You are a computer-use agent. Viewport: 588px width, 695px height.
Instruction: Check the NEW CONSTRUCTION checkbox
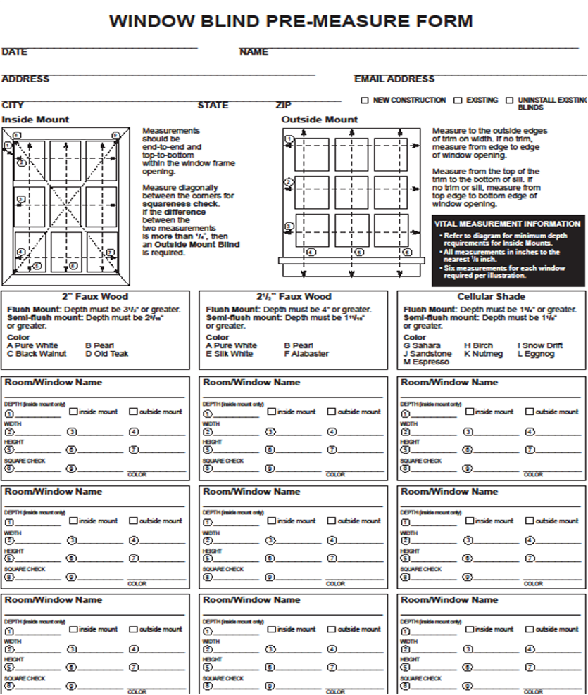(x=365, y=101)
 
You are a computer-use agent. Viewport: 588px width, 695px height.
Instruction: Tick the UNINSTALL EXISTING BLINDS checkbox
(x=509, y=101)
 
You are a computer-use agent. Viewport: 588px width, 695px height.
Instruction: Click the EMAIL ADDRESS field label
(x=394, y=79)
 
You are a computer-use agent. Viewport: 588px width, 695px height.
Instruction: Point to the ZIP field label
(x=283, y=106)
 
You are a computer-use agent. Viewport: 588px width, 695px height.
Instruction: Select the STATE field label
(x=213, y=106)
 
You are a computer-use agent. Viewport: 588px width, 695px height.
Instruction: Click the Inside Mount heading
(x=35, y=120)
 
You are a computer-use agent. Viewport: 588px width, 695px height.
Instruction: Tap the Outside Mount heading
(x=320, y=120)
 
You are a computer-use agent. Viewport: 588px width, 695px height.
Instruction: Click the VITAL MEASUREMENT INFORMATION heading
(x=508, y=224)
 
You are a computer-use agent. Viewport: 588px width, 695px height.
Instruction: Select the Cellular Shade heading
(x=491, y=297)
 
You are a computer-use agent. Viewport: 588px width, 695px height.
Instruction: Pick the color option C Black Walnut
(x=37, y=354)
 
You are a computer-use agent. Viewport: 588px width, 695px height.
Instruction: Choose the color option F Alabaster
(x=306, y=354)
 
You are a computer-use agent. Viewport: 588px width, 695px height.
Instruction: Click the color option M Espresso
(x=426, y=362)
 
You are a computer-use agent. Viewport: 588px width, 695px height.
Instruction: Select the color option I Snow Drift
(x=541, y=345)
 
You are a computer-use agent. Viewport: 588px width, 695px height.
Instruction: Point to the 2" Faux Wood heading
(x=95, y=297)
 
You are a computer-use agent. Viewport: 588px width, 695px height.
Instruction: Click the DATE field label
(x=14, y=52)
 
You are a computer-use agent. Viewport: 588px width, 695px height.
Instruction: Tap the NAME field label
(x=254, y=52)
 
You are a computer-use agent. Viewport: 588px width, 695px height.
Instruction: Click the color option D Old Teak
(x=107, y=354)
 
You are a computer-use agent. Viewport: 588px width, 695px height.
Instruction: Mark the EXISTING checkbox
(x=458, y=101)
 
